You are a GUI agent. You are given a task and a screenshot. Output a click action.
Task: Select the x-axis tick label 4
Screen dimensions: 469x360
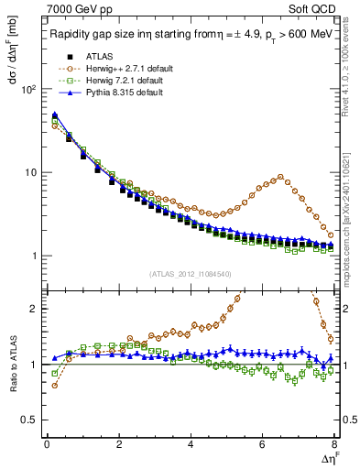point(190,444)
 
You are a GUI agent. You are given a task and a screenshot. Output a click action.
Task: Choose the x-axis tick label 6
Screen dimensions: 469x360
point(262,444)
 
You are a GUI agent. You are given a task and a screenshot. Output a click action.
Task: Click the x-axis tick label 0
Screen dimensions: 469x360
point(46,444)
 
